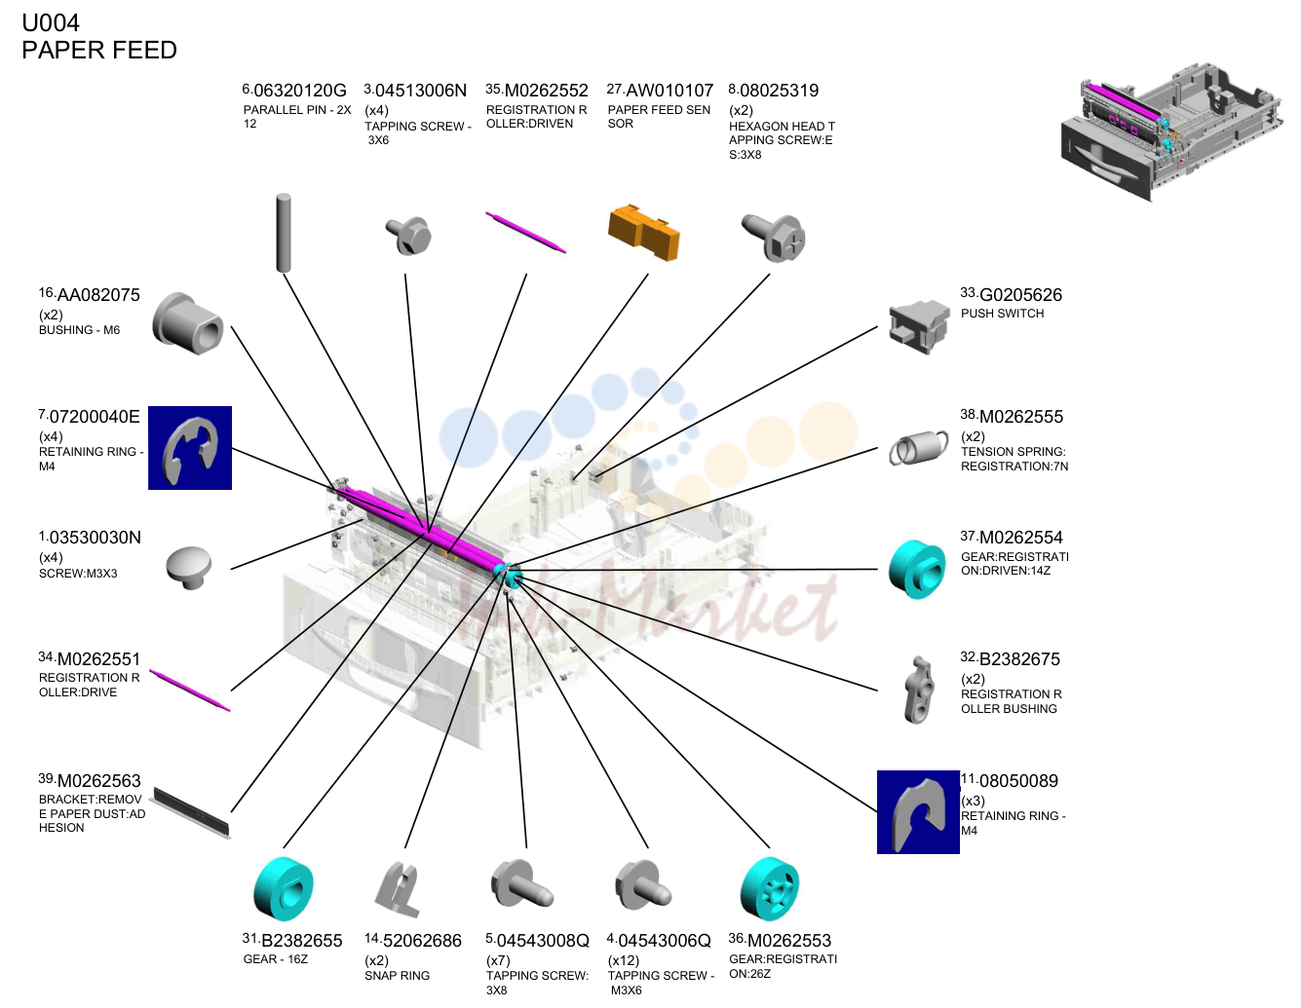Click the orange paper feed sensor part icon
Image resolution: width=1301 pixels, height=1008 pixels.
pos(643,233)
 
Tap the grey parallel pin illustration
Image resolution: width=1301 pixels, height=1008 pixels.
pos(284,233)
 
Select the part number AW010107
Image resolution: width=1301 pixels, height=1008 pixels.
pos(669,91)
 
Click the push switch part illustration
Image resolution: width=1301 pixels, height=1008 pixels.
pos(919,327)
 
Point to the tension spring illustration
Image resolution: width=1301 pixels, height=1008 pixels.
pos(918,447)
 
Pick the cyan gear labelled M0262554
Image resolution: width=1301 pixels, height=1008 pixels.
pos(917,569)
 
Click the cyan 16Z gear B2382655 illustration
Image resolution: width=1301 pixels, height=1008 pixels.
pos(284,888)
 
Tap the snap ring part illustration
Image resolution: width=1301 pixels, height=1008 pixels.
pos(400,889)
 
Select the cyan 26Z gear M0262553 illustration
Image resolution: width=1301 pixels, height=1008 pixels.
pos(769,888)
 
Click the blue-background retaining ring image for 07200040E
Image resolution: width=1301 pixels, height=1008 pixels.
pos(190,448)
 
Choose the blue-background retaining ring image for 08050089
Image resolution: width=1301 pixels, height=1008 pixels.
pos(918,812)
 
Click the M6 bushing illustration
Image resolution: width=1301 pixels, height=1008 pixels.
pos(187,323)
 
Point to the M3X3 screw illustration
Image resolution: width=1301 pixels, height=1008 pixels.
pos(189,568)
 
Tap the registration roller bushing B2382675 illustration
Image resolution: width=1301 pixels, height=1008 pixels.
pos(919,690)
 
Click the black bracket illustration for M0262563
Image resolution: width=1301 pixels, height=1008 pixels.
pos(191,812)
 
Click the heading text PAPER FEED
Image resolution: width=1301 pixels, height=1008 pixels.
pos(99,51)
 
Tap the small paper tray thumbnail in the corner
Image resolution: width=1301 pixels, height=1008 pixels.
pos(1171,131)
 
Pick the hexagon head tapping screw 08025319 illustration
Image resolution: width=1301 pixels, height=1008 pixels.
pos(774,238)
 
